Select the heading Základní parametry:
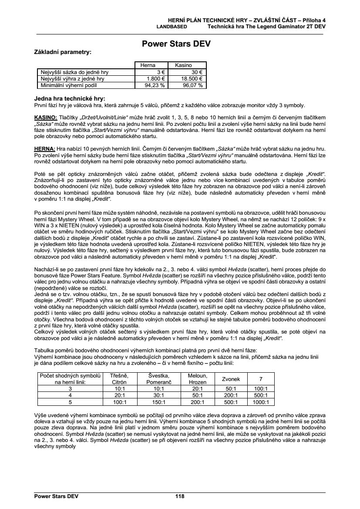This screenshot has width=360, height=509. tap(63, 52)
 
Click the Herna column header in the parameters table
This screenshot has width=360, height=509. tap(148, 65)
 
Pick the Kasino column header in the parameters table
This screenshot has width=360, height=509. tap(183, 65)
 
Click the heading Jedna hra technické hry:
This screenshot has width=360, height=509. tap(70, 99)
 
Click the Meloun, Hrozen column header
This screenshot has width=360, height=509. tap(197, 379)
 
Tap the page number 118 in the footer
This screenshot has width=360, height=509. tap(180, 496)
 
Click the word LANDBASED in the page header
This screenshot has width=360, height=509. tap(172, 26)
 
